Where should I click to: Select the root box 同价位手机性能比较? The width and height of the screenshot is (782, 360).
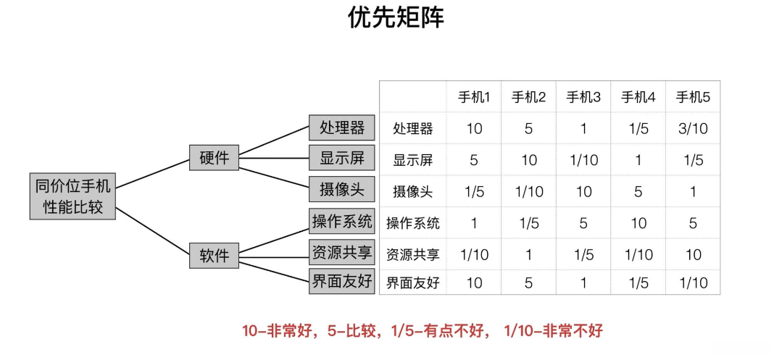click(x=72, y=196)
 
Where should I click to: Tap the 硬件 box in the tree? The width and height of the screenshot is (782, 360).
click(x=214, y=158)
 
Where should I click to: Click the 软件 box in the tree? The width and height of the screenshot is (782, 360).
click(x=214, y=255)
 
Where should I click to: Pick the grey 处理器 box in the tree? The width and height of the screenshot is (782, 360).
click(x=341, y=127)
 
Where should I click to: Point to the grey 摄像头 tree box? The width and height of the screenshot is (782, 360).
click(x=341, y=189)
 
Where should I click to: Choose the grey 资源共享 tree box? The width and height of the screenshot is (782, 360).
click(x=341, y=252)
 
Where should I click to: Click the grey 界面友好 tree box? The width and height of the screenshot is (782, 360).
click(x=341, y=281)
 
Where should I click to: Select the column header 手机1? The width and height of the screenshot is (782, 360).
click(x=474, y=97)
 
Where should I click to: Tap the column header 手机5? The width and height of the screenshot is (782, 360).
click(x=693, y=97)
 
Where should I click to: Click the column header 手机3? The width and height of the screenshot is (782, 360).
click(x=583, y=97)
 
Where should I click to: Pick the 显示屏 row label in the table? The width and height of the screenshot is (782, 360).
click(x=413, y=160)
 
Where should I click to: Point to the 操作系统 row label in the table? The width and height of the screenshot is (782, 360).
click(x=413, y=223)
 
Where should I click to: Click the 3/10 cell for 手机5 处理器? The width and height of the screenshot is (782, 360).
click(x=693, y=129)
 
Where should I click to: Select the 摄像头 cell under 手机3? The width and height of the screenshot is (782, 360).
click(x=583, y=192)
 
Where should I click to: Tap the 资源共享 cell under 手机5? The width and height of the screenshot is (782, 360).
click(x=693, y=255)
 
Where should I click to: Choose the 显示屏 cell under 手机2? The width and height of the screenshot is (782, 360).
click(x=529, y=160)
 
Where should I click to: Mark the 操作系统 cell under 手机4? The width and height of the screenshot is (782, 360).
click(x=639, y=223)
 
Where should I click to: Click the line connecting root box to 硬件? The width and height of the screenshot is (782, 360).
click(x=152, y=174)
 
